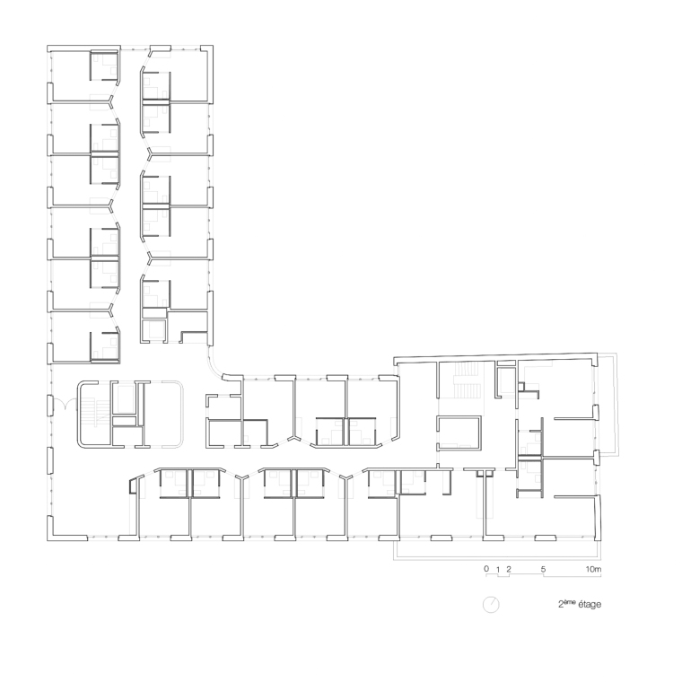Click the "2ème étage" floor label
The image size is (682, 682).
point(580,604)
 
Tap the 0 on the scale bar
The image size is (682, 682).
point(486,569)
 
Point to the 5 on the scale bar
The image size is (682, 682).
point(543,569)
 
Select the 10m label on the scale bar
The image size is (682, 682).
point(593,569)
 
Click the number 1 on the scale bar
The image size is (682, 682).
point(498,569)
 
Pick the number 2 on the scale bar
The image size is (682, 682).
point(509,569)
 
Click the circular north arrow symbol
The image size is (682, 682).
point(491,605)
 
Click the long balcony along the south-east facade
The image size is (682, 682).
point(498,550)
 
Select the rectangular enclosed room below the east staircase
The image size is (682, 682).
point(459,433)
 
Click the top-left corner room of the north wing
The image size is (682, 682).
point(83,74)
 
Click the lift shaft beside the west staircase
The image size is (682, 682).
point(127,398)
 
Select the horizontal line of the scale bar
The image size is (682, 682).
point(544,576)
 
